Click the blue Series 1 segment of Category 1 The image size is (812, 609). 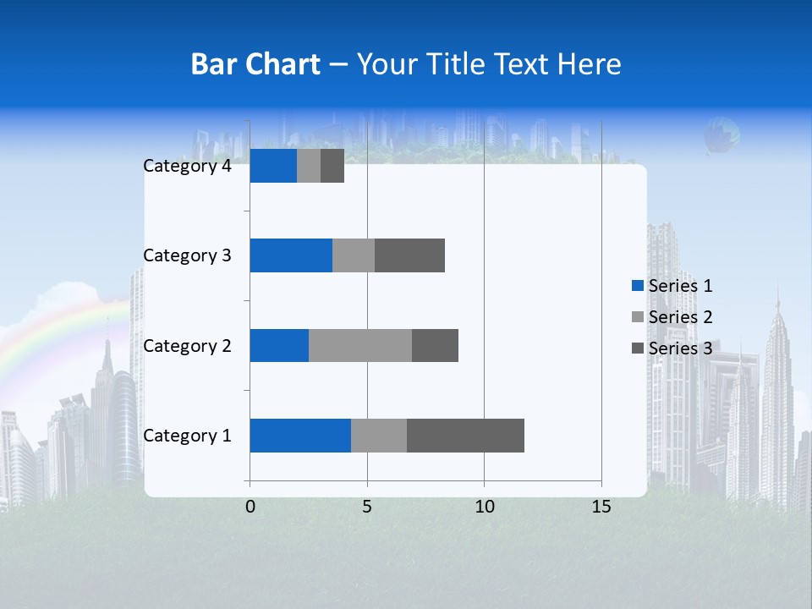pyautogui.click(x=300, y=436)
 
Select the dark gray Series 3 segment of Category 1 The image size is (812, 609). pyautogui.click(x=465, y=436)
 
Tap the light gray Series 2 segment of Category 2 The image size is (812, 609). pyautogui.click(x=360, y=345)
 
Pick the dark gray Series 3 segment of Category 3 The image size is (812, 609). pyautogui.click(x=409, y=255)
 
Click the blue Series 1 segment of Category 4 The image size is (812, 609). pyautogui.click(x=273, y=166)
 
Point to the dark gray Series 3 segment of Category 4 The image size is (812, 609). pyautogui.click(x=332, y=166)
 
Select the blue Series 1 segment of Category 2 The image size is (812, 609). pyautogui.click(x=279, y=345)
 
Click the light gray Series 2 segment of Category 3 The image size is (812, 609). pyautogui.click(x=354, y=255)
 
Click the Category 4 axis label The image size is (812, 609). pyautogui.click(x=187, y=166)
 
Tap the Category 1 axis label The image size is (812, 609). pyautogui.click(x=187, y=436)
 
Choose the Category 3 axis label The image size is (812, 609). pyautogui.click(x=187, y=255)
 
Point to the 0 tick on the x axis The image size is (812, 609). pyautogui.click(x=250, y=507)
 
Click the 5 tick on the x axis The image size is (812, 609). pyautogui.click(x=367, y=507)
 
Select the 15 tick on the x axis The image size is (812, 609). pyautogui.click(x=601, y=507)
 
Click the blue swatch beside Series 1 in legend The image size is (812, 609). pyautogui.click(x=637, y=286)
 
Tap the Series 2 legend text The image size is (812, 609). pyautogui.click(x=680, y=317)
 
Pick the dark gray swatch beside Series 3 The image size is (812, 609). pyautogui.click(x=637, y=348)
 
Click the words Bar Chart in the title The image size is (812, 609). pyautogui.click(x=255, y=63)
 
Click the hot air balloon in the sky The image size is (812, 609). pyautogui.click(x=723, y=135)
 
